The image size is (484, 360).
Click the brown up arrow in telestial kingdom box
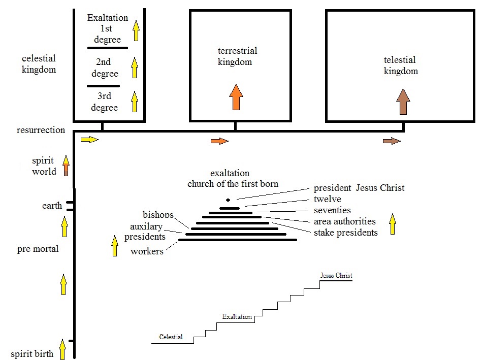tap(403, 102)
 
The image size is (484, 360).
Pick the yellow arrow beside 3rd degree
tap(135, 101)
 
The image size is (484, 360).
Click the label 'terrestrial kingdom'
tap(237, 56)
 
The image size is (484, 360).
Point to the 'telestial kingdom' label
tap(400, 66)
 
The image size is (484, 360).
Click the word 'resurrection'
tap(41, 130)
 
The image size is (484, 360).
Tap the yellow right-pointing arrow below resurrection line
tap(89, 140)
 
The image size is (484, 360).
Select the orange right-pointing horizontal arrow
tap(219, 141)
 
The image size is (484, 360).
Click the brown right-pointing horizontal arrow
tap(392, 141)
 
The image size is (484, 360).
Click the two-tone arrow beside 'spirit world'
tap(66, 167)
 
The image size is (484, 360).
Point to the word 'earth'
tap(52, 206)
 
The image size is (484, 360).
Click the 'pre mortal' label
tap(38, 249)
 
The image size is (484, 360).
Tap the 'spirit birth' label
tap(32, 354)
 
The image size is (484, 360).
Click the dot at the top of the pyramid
tap(228, 200)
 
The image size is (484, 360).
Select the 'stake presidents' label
tap(345, 233)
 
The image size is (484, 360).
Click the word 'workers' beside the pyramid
tap(147, 251)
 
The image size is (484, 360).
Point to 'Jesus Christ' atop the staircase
tap(336, 276)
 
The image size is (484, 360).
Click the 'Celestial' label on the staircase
tap(171, 337)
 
